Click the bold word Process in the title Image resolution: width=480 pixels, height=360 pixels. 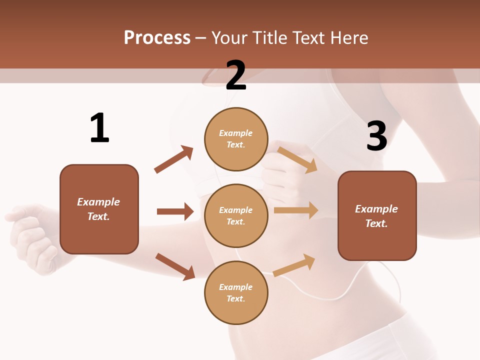(157, 38)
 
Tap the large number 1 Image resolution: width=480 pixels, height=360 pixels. (99, 128)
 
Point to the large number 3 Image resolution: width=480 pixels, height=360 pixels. (376, 136)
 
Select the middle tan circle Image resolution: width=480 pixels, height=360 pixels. (236, 216)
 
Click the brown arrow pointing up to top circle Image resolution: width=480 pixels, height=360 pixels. (173, 159)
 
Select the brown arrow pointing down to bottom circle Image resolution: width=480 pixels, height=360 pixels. (175, 266)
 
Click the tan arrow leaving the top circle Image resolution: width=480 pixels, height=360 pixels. (297, 159)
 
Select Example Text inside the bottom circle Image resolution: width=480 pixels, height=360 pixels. (236, 293)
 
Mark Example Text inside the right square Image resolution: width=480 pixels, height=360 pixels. (376, 216)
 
